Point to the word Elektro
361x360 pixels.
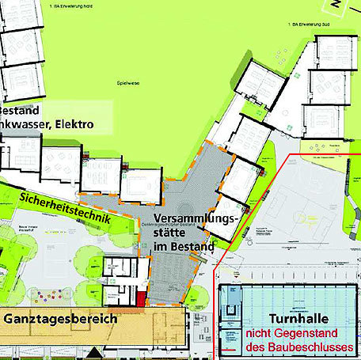[x=73, y=124]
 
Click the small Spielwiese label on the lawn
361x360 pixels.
[x=128, y=82]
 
